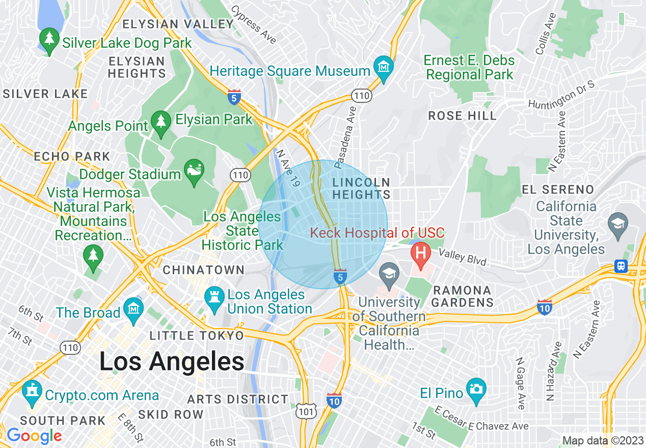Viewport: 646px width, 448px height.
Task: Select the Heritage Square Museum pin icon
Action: pyautogui.click(x=383, y=67)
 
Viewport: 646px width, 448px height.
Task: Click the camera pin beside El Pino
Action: pyautogui.click(x=476, y=389)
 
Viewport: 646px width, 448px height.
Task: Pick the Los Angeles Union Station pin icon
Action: pyautogui.click(x=213, y=296)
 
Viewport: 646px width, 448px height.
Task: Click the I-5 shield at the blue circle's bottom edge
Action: pyautogui.click(x=340, y=277)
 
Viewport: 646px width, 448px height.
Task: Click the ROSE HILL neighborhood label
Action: pyautogui.click(x=462, y=116)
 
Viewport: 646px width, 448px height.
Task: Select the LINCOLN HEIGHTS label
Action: pyautogui.click(x=361, y=188)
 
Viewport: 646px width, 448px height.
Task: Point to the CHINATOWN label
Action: pyautogui.click(x=203, y=270)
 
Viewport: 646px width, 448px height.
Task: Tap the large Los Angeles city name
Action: pyautogui.click(x=172, y=362)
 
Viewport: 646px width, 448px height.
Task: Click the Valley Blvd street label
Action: pyautogui.click(x=462, y=257)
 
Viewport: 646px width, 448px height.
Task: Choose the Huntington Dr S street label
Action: pyautogui.click(x=561, y=96)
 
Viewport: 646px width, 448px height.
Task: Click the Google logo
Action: pyautogui.click(x=34, y=436)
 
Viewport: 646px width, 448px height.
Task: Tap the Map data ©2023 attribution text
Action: pyautogui.click(x=602, y=440)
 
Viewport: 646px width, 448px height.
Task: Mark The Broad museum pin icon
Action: pyautogui.click(x=133, y=309)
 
